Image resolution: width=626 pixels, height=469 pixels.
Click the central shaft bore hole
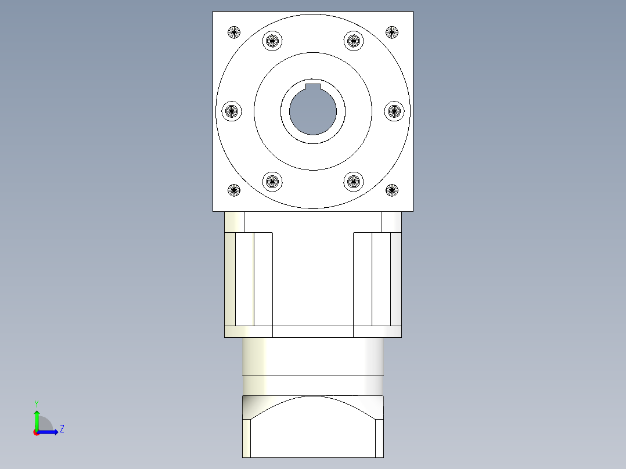313,111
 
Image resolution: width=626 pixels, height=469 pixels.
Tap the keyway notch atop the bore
313,86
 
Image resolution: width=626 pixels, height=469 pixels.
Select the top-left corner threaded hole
234,32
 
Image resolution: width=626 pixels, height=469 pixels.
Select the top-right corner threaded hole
392,32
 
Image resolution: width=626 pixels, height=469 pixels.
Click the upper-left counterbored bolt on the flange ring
272,41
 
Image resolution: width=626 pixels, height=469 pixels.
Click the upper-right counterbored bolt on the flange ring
353,41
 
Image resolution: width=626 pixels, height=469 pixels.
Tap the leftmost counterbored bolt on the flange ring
232,110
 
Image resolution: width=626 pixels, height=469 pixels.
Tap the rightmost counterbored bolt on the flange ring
394,110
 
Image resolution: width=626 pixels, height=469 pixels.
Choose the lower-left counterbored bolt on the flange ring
272,181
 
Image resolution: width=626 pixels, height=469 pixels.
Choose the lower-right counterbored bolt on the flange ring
353,181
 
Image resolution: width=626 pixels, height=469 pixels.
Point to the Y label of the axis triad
36,403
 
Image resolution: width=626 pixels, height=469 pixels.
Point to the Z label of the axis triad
62,430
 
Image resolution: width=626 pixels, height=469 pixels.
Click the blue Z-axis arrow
49,432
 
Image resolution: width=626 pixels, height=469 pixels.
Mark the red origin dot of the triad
37,432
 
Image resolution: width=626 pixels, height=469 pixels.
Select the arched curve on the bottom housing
313,397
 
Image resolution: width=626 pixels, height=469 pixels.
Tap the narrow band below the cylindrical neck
313,385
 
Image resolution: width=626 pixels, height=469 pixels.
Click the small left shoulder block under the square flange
234,222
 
